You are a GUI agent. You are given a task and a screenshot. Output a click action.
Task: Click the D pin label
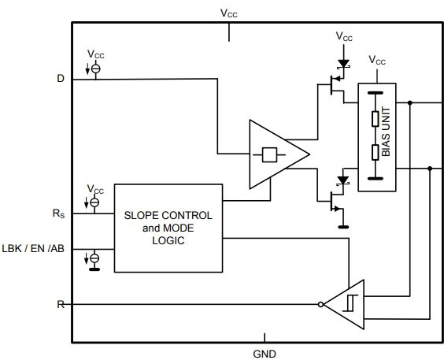61,78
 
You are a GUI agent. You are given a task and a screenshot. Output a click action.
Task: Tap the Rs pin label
58,213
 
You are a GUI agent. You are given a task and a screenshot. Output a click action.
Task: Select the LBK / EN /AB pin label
33,249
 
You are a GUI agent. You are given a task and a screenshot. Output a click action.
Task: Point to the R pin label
61,305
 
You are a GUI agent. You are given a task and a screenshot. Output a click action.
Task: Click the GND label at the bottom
265,354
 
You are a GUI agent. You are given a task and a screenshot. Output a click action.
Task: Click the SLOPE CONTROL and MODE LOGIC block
168,228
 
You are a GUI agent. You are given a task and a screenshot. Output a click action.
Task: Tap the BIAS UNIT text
386,132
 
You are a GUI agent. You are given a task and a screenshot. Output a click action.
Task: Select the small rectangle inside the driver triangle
269,154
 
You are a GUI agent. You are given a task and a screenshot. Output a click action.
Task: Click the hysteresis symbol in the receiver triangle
350,303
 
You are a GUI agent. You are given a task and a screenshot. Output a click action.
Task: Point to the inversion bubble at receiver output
320,305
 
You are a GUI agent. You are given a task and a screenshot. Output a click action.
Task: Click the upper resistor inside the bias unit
376,119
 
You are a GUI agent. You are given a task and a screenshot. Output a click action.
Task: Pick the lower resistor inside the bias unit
376,152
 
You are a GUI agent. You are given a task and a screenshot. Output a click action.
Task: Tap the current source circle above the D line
96,69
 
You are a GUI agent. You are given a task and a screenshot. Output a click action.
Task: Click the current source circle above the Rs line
94,202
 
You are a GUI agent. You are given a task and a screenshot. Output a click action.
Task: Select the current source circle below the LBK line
94,258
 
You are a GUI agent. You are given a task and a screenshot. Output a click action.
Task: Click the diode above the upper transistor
344,64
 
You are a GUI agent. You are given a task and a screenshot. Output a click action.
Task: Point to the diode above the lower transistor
343,180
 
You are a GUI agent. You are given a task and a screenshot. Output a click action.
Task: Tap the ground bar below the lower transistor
343,227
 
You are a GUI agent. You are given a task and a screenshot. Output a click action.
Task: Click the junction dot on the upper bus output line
409,102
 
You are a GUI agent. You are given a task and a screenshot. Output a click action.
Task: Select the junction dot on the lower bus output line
430,169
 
